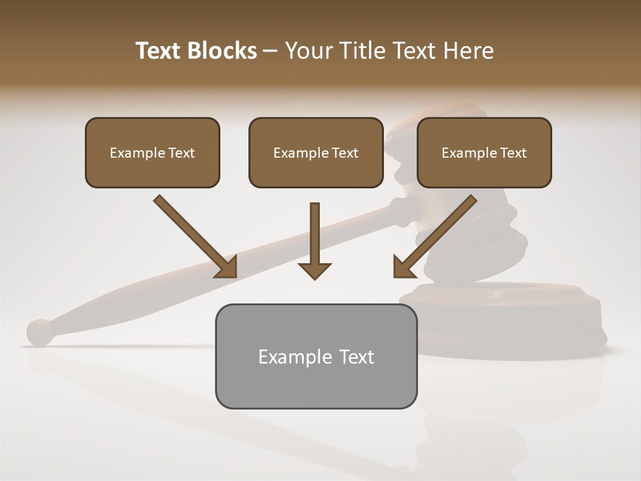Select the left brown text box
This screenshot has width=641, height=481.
point(152,152)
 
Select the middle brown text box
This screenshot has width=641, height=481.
point(316,152)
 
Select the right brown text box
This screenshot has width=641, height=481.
point(484,152)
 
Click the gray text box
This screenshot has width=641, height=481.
point(316,356)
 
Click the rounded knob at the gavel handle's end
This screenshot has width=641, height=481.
point(39,332)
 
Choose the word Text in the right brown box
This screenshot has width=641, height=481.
point(513,153)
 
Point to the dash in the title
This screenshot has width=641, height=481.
point(270,51)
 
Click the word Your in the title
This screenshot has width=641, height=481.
point(308,51)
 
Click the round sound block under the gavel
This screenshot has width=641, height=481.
point(507,314)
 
